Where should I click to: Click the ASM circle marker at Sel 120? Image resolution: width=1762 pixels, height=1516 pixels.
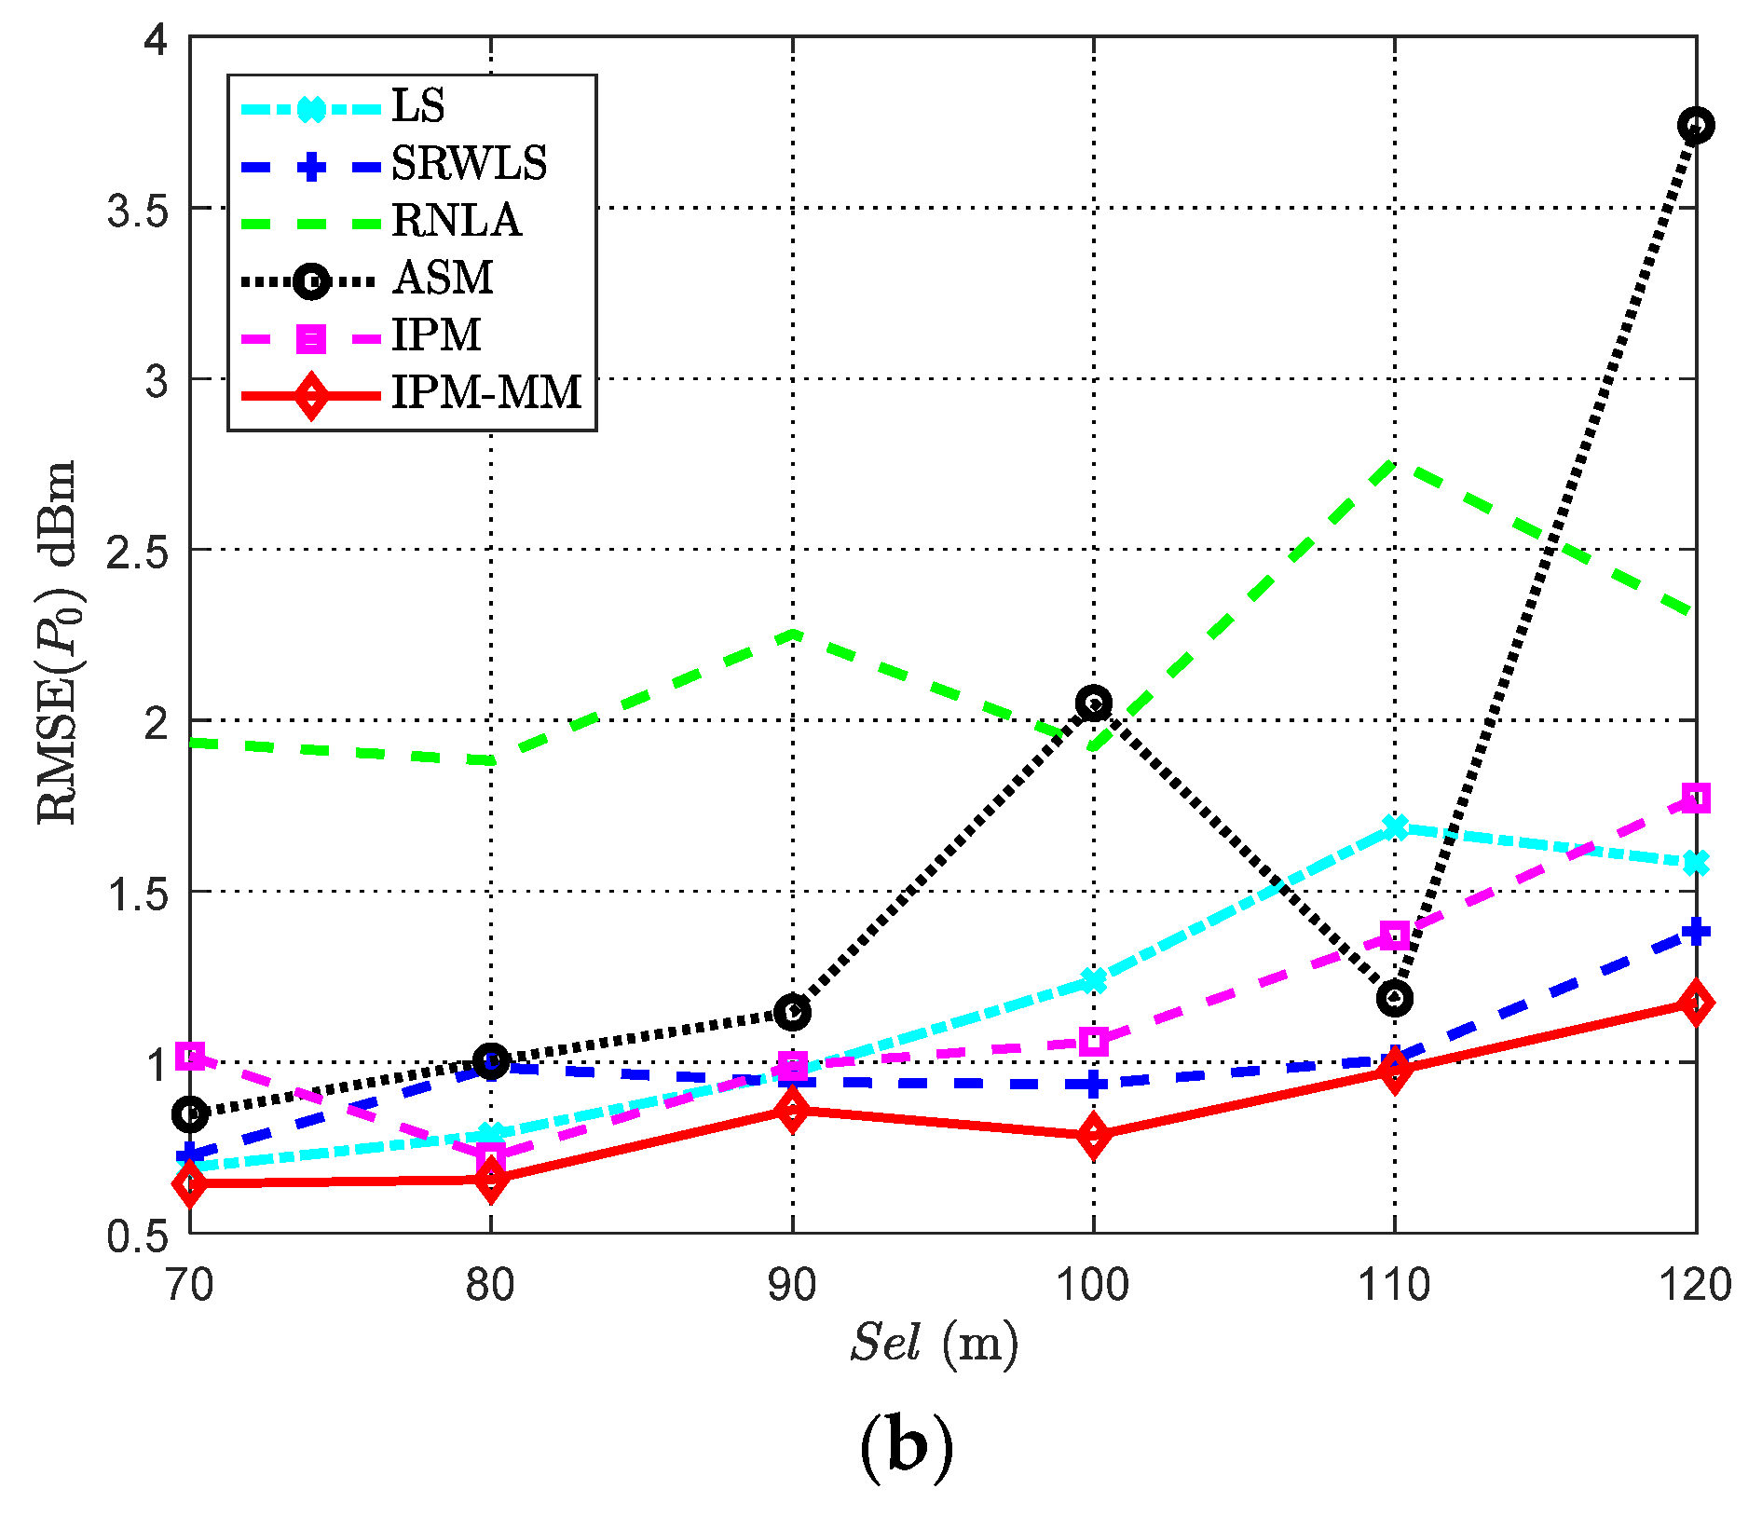pyautogui.click(x=1696, y=125)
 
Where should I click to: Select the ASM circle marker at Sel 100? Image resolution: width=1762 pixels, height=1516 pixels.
pyautogui.click(x=1093, y=703)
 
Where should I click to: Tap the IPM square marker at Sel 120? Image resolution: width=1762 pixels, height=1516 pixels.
pyautogui.click(x=1696, y=799)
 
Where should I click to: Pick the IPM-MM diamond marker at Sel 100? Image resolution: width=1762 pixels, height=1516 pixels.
pyautogui.click(x=1093, y=1136)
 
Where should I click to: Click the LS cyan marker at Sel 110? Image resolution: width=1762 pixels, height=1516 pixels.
pyautogui.click(x=1395, y=827)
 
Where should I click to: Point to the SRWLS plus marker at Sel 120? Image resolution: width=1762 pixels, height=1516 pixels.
pyautogui.click(x=1696, y=931)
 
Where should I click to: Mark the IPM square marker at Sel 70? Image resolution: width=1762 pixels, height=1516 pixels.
pyautogui.click(x=190, y=1056)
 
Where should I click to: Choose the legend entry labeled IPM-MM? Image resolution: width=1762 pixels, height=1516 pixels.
pyautogui.click(x=485, y=392)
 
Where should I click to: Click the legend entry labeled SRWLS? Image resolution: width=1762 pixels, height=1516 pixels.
pyautogui.click(x=469, y=164)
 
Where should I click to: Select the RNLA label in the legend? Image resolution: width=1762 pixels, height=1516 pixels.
pyautogui.click(x=456, y=221)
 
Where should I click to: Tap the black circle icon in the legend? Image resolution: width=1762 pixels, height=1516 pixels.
pyautogui.click(x=310, y=280)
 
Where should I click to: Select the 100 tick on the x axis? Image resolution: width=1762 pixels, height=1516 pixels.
pyautogui.click(x=1092, y=1286)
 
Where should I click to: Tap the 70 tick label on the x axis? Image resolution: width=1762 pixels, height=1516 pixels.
pyautogui.click(x=189, y=1286)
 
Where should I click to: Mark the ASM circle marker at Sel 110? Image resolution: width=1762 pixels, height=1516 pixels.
pyautogui.click(x=1394, y=999)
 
